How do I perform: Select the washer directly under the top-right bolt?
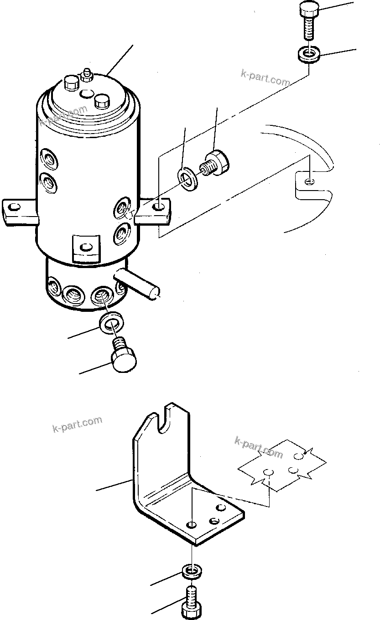pos(310,55)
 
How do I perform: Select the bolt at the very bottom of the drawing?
pos(192,599)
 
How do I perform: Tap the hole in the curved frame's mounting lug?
pos(310,182)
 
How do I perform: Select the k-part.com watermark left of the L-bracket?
pos(77,424)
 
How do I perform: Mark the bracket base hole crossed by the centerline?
pos(193,523)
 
